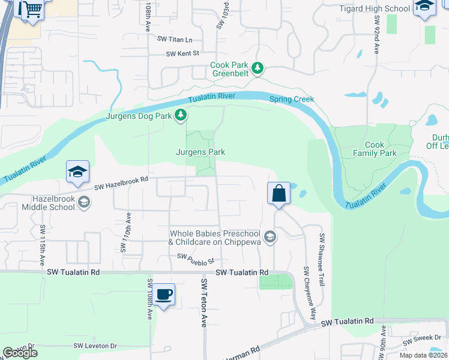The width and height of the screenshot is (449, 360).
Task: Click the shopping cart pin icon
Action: point(33,9)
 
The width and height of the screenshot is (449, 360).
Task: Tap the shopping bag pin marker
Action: point(279,194)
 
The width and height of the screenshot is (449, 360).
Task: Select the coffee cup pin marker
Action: point(163,295)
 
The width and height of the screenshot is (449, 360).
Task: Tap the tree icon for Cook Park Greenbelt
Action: point(258,68)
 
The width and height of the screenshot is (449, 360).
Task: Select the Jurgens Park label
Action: point(200,152)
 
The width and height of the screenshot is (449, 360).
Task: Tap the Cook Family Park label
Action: point(390,149)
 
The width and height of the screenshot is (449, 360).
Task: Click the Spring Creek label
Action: point(292,100)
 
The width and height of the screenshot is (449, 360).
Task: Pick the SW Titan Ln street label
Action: point(175,40)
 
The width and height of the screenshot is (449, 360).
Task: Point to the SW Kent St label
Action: point(182,54)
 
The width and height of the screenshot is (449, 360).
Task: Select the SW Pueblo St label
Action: point(195,259)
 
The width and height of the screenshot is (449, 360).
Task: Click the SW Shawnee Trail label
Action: point(322,259)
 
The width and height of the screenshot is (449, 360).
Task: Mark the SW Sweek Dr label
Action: point(426,339)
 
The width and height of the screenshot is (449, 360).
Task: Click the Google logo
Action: point(20,353)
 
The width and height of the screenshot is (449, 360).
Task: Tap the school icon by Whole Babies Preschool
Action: point(270,237)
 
